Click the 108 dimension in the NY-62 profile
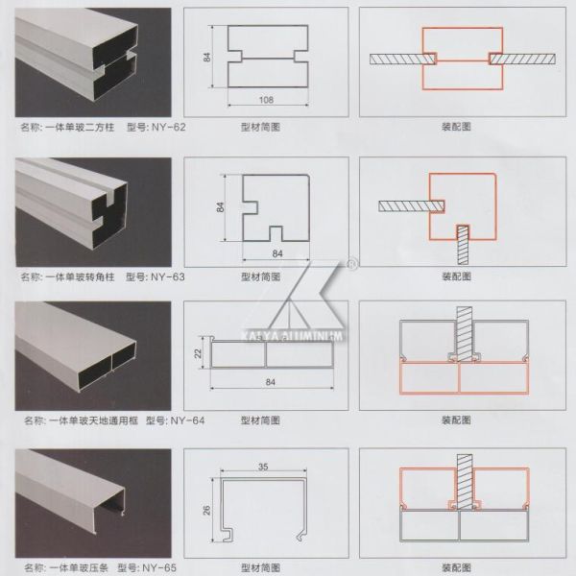pyautogui.click(x=266, y=99)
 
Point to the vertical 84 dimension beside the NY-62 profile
pyautogui.click(x=206, y=58)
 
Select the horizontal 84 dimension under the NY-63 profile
pyautogui.click(x=278, y=252)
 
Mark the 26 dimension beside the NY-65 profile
pyautogui.click(x=206, y=512)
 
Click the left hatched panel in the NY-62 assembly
pyautogui.click(x=401, y=59)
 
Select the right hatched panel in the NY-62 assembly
pyautogui.click(x=523, y=59)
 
